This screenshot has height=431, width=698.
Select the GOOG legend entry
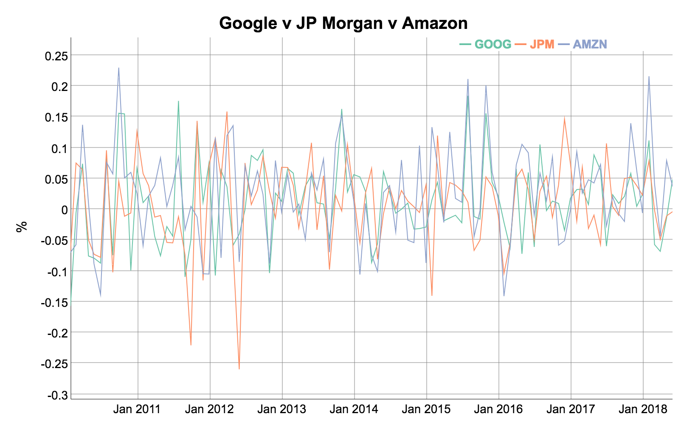coord(493,44)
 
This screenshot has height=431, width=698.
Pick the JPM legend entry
coord(542,44)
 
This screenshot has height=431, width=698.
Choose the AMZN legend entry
coord(590,44)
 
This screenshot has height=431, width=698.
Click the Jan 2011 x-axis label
coord(138,410)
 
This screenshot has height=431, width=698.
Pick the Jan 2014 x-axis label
coord(354,410)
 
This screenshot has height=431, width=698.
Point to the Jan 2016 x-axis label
coord(498,410)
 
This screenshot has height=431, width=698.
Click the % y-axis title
coord(21,226)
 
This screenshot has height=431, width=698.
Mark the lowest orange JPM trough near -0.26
coord(239,369)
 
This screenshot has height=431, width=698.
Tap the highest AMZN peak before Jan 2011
coord(119,68)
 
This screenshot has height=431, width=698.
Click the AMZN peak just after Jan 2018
coord(649,77)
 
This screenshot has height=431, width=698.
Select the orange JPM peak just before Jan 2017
coord(565,118)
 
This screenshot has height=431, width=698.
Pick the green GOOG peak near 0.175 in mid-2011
coord(178,101)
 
